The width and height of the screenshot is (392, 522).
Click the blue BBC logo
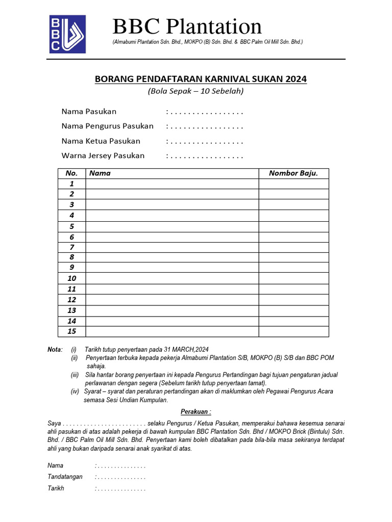point(67,34)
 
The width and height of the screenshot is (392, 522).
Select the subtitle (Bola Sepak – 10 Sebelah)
point(196,92)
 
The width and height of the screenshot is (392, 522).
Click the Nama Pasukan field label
point(89,111)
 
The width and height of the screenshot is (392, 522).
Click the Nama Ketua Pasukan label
point(101,141)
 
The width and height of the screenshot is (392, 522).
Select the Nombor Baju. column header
point(293,173)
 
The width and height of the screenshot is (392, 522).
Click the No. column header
point(71,173)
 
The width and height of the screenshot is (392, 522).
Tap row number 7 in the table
point(72,247)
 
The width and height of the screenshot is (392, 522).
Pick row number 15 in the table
point(71,331)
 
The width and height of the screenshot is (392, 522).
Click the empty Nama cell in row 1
point(172,184)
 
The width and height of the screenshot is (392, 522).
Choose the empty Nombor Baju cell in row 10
point(293,278)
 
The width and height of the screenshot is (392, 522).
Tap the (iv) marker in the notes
point(75,391)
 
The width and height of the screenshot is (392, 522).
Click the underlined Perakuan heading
point(196,412)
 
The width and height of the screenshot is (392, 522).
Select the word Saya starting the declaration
point(55,424)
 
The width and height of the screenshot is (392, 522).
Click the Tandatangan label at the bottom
point(64,477)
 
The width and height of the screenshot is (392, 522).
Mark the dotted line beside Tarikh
point(120,488)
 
